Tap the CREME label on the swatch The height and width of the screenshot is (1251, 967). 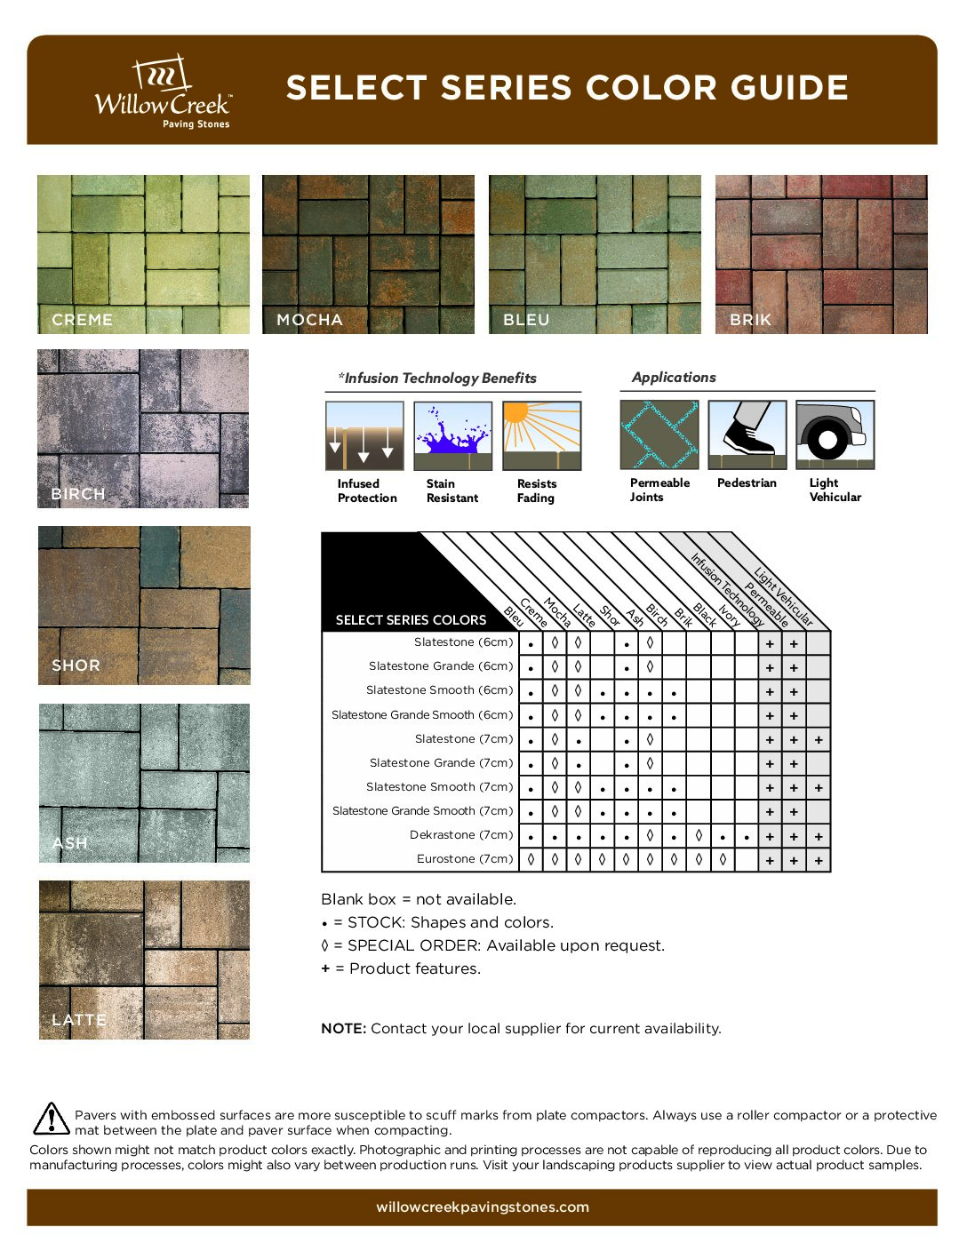[82, 320]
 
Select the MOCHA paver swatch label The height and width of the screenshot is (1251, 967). [309, 320]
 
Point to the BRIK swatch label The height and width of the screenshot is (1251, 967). [750, 320]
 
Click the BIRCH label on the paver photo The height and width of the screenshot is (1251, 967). [78, 494]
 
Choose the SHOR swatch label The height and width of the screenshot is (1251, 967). [76, 665]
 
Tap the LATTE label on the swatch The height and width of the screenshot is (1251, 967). [79, 1020]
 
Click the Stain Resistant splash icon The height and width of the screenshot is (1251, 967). [452, 435]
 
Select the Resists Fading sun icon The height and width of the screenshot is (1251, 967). [541, 435]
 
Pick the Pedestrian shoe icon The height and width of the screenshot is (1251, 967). [747, 434]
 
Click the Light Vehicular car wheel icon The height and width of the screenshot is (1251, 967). [835, 434]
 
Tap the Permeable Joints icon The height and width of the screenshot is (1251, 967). [659, 434]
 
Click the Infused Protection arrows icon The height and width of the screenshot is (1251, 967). [364, 435]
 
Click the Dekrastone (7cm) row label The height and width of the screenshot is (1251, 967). [461, 835]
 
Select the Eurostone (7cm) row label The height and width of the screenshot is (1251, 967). [465, 859]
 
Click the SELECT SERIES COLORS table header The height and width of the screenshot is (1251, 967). [411, 620]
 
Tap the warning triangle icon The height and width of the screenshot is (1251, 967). [52, 1119]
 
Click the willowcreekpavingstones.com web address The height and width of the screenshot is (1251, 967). [483, 1207]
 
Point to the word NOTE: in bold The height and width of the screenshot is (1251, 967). [343, 1029]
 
